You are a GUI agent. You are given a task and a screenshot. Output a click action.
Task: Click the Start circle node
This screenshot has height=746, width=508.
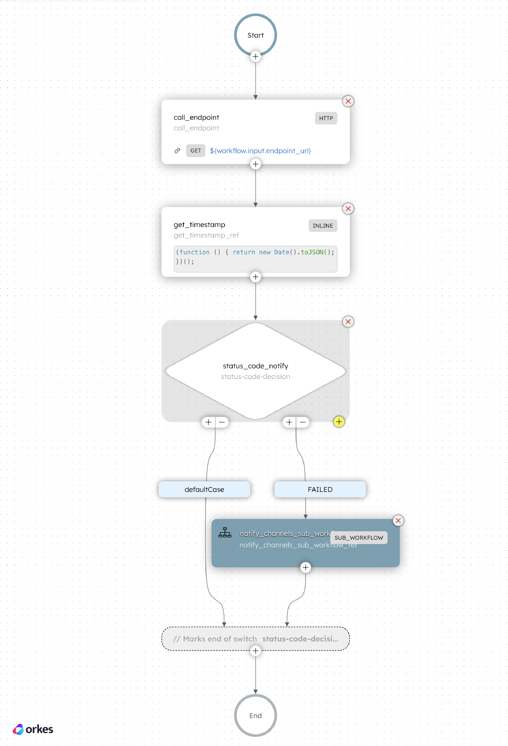255,35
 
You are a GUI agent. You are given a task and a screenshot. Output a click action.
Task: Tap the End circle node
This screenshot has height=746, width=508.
255,715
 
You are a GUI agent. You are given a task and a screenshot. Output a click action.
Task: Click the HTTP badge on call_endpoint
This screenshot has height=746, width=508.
326,118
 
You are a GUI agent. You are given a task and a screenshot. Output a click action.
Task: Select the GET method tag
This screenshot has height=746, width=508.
196,151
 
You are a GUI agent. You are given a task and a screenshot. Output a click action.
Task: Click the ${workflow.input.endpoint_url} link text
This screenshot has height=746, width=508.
260,151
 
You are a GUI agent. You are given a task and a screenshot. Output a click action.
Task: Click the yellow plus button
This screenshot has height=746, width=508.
339,422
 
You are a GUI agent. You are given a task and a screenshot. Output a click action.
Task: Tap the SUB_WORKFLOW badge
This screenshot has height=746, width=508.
358,538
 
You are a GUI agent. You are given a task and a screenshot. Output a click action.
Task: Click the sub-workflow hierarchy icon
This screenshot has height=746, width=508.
225,533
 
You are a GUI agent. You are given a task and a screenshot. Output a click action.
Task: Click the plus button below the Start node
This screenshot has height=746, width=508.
255,56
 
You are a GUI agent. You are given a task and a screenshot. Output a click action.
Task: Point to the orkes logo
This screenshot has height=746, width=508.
33,729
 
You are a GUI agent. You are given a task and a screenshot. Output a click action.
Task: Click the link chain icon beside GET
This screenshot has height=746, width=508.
177,151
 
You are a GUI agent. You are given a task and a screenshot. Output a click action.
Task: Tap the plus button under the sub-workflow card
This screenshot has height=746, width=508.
305,567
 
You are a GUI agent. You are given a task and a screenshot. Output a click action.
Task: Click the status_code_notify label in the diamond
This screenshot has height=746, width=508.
255,366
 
